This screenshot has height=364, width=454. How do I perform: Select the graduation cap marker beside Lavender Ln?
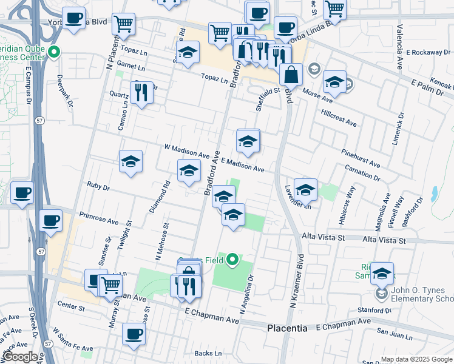(x=306, y=189)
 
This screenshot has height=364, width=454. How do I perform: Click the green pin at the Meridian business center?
(x=55, y=52)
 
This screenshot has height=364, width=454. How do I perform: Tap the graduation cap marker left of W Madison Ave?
(x=130, y=161)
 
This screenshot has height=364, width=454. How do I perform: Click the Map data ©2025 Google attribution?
(x=416, y=359)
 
